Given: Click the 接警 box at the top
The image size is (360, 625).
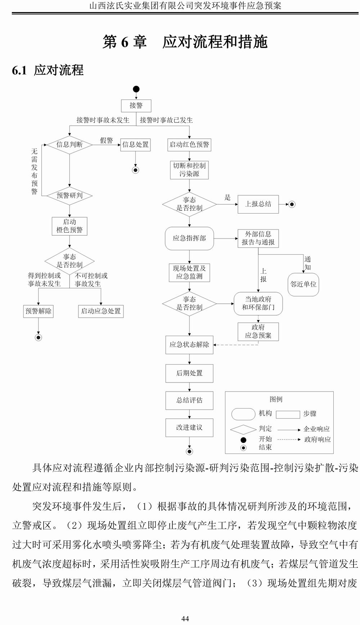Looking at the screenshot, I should [136, 106].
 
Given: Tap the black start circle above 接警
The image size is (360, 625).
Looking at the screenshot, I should [136, 89].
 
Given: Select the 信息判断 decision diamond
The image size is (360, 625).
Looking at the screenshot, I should [69, 144].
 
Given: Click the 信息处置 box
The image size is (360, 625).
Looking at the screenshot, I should [135, 145].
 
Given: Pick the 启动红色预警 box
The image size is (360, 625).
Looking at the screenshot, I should [189, 145].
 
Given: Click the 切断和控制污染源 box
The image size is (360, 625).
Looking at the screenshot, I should [189, 170].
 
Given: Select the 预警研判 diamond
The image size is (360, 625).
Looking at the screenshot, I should [69, 196].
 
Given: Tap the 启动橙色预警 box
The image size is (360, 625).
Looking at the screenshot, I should [69, 226].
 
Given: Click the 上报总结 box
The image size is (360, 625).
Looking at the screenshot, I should [258, 204].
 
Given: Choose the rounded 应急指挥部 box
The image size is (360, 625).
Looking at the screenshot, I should [189, 238].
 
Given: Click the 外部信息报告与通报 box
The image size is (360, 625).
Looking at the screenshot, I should [258, 238].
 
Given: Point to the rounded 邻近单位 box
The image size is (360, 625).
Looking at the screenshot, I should [303, 284].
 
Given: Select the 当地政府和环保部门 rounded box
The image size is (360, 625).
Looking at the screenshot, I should [258, 303].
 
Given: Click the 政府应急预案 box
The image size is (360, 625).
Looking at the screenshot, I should [258, 331].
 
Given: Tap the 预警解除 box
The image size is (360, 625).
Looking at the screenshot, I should [39, 311].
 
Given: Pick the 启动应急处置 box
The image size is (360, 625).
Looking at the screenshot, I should [101, 311].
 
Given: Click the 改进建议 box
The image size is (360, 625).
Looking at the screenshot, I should [189, 427].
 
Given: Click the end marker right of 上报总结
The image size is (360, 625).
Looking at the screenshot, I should [292, 204].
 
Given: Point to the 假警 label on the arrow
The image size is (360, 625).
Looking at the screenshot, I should [107, 140].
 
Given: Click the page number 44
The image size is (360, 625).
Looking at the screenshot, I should [185, 619].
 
